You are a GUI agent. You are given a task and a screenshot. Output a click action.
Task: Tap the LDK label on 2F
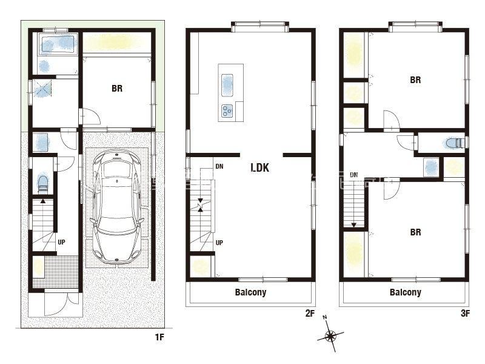tap(260, 168)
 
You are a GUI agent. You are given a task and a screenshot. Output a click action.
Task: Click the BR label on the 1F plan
tap(117, 89)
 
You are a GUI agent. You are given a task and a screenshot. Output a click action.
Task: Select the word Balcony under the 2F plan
tap(250, 292)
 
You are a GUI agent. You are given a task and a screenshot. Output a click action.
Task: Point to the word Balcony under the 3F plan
tap(406, 292)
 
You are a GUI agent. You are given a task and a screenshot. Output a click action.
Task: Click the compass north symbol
tap(330, 335)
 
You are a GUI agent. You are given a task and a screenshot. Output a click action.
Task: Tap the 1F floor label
tap(159, 337)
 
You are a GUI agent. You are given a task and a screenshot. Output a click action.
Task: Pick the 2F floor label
tap(310, 313)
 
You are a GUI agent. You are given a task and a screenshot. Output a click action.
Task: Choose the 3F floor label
tap(465, 313)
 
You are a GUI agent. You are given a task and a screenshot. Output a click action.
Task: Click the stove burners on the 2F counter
tap(227, 111)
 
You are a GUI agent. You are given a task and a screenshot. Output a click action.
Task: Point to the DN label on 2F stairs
tap(219, 166)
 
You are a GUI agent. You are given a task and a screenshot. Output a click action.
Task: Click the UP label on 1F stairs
tap(61, 242)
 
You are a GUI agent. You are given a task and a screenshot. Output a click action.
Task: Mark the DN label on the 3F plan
tap(354, 175)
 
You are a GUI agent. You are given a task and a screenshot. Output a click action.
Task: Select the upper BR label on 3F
tap(415, 80)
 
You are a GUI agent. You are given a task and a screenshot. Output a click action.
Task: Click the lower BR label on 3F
tap(415, 232)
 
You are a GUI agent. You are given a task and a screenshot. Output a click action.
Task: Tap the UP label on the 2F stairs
tap(219, 243)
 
